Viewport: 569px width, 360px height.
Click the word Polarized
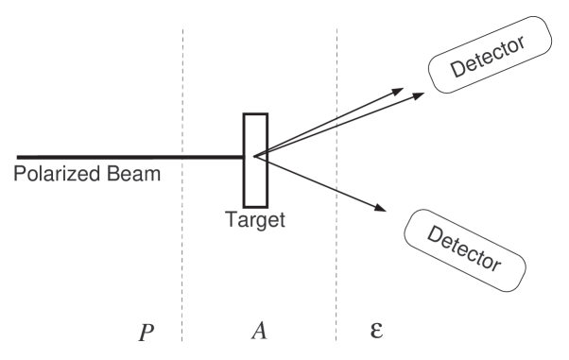(x=56, y=174)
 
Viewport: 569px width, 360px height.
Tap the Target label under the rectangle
(x=255, y=219)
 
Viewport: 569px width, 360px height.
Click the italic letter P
(x=146, y=332)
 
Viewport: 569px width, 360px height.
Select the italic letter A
(x=259, y=331)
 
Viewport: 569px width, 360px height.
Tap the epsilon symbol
(x=375, y=331)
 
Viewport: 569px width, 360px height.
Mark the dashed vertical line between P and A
(x=182, y=236)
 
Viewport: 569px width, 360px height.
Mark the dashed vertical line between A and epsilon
(x=337, y=236)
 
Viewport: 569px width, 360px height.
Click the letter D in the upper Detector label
(x=457, y=73)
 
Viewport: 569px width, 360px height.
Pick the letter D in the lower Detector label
(x=434, y=232)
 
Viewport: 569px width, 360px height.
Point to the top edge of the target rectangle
(x=255, y=114)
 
